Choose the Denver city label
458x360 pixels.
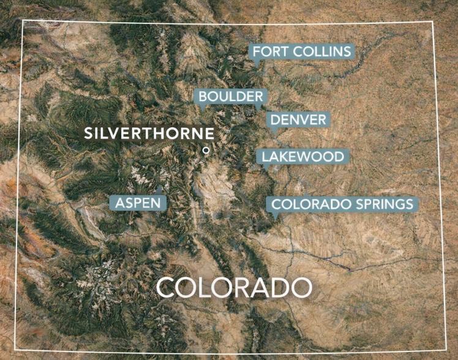tap(299, 119)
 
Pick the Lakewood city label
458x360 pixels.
tap(303, 157)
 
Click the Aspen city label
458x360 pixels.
tap(138, 203)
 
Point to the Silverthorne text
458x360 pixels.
tap(149, 133)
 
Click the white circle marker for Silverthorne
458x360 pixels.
tap(206, 149)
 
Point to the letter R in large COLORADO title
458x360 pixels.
tap(239, 288)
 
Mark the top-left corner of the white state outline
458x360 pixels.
tap(23, 21)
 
